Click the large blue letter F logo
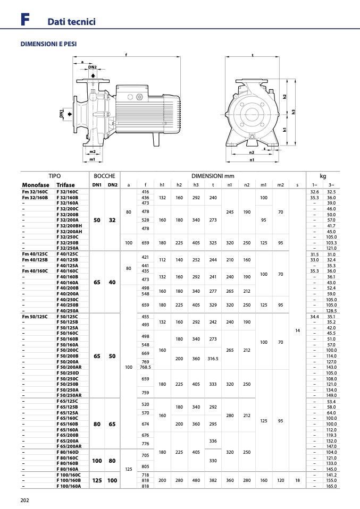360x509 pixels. (x=25, y=19)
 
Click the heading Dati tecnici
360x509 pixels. (x=71, y=21)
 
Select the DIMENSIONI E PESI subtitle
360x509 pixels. (x=48, y=44)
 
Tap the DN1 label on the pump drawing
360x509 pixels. (x=61, y=114)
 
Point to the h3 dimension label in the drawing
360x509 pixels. (x=294, y=112)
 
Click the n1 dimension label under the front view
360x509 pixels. (x=252, y=160)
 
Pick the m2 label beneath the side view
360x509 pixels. (x=93, y=151)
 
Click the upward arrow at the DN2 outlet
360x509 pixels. (x=93, y=75)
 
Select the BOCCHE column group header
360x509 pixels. (x=104, y=176)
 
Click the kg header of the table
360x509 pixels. (x=323, y=176)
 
